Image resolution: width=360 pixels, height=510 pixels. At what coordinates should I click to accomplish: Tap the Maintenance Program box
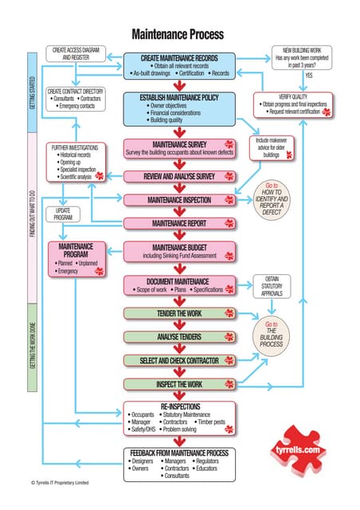[x=77, y=259]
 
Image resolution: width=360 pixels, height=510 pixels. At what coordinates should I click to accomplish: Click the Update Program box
[x=64, y=214]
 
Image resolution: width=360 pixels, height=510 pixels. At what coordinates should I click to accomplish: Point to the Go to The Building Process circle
[x=272, y=335]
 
